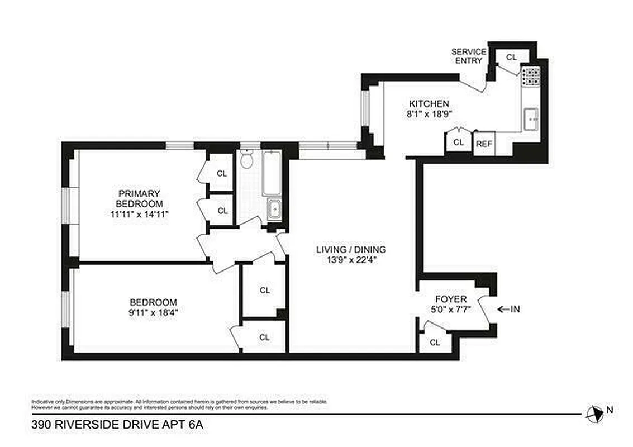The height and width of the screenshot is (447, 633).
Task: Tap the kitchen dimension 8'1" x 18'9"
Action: coord(429,113)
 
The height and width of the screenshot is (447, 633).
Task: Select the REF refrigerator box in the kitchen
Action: coord(484,144)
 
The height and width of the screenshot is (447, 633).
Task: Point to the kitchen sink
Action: coord(531,118)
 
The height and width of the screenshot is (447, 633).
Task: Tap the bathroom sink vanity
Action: coord(274,209)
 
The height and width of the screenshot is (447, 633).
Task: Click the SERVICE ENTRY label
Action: coord(468,56)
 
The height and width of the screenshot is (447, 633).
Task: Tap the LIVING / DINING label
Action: coord(351,250)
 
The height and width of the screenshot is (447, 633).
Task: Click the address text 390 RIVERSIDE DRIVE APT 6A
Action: coord(117,426)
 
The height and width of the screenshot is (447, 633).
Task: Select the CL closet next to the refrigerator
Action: coord(458,142)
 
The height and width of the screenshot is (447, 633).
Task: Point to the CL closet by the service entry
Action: coord(511,57)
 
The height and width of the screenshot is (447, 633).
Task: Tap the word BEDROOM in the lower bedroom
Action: coord(153,302)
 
